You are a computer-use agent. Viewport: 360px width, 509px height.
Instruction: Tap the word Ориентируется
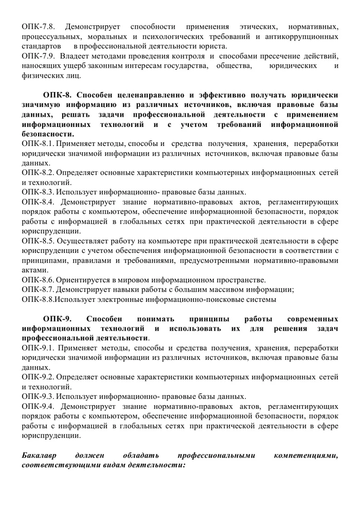pyautogui.click(x=83, y=280)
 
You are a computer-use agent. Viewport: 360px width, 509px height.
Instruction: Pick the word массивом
pyautogui.click(x=216, y=289)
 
